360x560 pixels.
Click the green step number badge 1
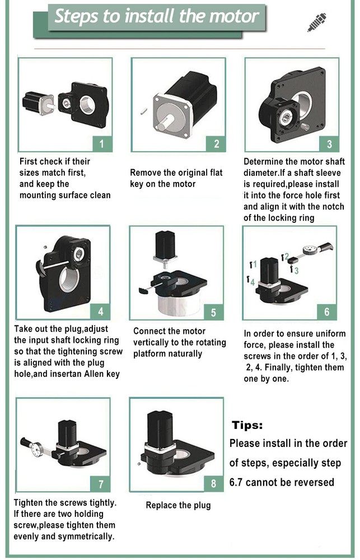pyautogui.click(x=101, y=144)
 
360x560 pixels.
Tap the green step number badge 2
pyautogui.click(x=217, y=144)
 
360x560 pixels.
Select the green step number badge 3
pyautogui.click(x=329, y=144)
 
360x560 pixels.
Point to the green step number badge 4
pyautogui.click(x=101, y=311)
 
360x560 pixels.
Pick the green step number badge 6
pyautogui.click(x=327, y=312)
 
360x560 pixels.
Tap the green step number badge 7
pyautogui.click(x=101, y=483)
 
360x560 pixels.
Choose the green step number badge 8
pyautogui.click(x=214, y=483)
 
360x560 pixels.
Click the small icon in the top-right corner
pyautogui.click(x=317, y=23)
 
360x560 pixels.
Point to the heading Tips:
pyautogui.click(x=247, y=425)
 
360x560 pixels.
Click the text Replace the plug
pyautogui.click(x=178, y=505)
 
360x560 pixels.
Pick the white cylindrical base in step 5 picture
pyautogui.click(x=177, y=305)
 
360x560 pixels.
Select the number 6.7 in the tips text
pyautogui.click(x=241, y=482)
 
